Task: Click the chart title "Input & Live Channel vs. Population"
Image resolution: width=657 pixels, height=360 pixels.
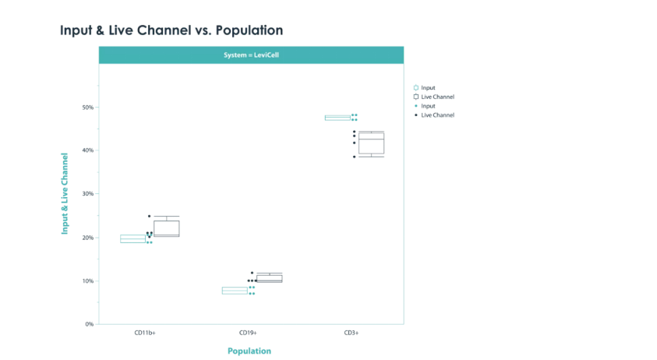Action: point(171,30)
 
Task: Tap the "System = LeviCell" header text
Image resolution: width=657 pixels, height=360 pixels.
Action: point(251,55)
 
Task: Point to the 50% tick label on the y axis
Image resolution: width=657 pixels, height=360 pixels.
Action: point(88,108)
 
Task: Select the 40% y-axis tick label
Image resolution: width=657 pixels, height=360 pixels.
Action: point(88,150)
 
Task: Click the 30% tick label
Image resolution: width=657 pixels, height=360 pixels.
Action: point(88,193)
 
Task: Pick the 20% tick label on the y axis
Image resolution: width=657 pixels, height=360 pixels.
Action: point(88,238)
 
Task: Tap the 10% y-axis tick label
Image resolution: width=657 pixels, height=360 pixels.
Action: point(88,281)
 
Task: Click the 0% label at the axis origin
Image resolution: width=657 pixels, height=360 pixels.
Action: point(90,324)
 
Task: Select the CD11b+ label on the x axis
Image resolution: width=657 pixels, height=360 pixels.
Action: point(145,333)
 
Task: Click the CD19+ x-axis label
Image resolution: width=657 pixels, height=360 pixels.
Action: point(248,333)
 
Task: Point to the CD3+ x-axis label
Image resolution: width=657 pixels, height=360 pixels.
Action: point(351,333)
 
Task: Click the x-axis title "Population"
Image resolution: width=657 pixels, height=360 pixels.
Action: point(249,351)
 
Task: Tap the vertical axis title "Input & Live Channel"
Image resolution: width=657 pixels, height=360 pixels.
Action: point(65,193)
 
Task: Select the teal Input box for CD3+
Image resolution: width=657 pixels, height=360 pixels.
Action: point(337,115)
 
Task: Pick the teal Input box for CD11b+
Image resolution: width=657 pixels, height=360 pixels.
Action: point(132,235)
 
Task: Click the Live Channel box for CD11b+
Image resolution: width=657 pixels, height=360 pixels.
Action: point(167,221)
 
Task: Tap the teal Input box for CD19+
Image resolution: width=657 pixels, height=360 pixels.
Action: point(235,288)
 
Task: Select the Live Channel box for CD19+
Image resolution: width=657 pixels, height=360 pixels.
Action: point(270,275)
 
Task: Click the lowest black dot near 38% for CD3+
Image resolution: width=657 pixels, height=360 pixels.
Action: point(355,157)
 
